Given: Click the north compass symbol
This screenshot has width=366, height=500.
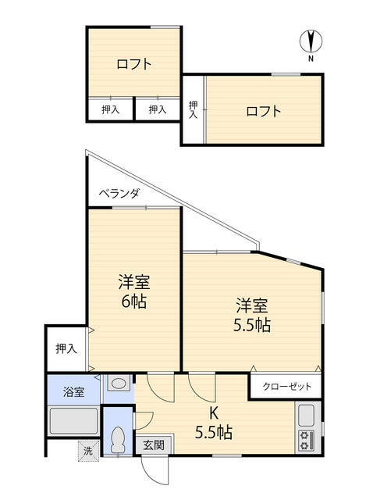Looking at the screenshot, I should pos(311,41).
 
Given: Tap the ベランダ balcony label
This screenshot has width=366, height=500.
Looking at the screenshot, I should pos(119,194).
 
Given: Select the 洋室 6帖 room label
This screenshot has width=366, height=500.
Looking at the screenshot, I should pos(133,291).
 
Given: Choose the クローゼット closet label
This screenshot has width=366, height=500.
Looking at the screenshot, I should pos(286,387).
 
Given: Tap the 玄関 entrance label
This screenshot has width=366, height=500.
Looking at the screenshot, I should pos(153,445).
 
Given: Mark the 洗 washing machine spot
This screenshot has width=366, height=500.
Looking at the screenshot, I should pos(88,450).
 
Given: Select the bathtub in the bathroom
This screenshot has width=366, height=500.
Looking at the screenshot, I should pos(73,423).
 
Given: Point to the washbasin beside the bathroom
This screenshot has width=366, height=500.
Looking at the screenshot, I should pos(118,384).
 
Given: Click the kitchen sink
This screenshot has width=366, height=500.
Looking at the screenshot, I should pos(306,415).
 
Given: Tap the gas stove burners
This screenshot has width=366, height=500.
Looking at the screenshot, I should pos(305,440).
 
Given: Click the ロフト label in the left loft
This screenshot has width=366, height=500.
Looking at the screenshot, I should pos(133,65).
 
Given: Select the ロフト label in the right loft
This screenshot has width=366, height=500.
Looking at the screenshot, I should pos(263,110).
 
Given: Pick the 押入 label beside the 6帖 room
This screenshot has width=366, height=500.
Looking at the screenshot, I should pos(66,348).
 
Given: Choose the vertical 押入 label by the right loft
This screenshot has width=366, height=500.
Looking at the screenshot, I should pos(193,109).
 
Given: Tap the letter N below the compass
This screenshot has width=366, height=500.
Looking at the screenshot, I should pos(311,59).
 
